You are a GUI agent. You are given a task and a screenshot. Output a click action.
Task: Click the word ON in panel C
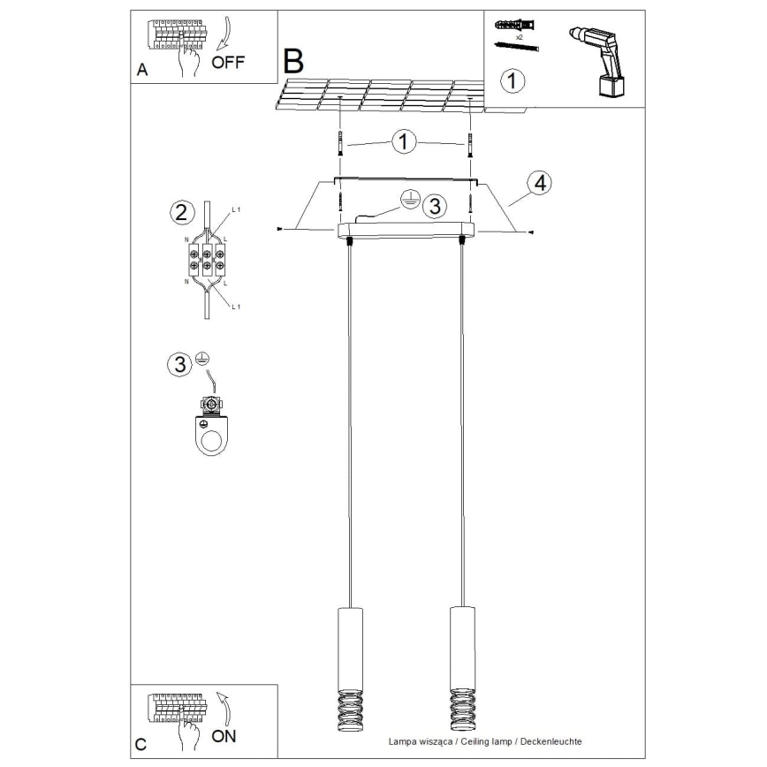224,735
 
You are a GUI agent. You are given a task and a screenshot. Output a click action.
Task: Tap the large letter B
292,61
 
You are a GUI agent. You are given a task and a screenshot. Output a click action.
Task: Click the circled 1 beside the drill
513,80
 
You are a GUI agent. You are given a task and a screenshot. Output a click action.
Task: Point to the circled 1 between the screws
404,142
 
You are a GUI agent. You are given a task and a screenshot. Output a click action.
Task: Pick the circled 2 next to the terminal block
180,212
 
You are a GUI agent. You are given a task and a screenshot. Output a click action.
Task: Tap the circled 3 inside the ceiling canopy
433,206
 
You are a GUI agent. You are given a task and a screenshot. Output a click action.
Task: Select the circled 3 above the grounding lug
180,364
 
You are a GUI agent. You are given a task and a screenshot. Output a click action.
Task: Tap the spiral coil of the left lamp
348,706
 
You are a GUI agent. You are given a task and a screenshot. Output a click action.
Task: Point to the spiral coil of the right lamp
461,706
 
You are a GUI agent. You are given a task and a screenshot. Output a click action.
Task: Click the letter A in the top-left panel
141,71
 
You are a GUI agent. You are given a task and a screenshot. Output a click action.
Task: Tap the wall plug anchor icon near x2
515,24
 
